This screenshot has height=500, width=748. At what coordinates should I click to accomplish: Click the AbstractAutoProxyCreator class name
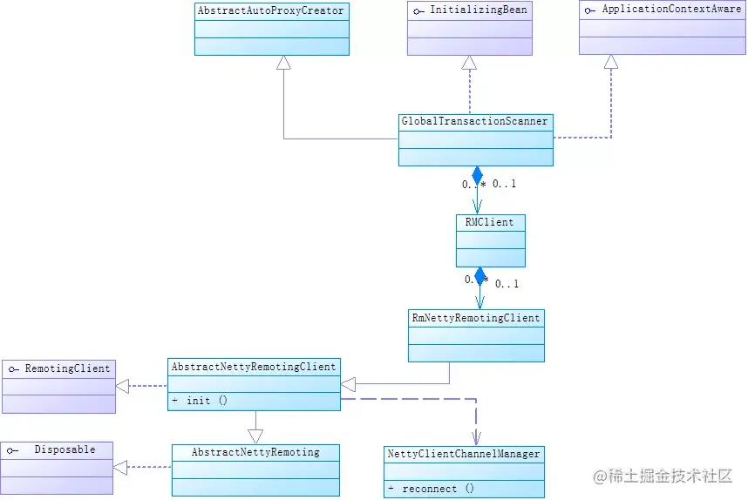[x=270, y=10]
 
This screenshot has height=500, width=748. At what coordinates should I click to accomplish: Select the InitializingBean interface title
[x=479, y=10]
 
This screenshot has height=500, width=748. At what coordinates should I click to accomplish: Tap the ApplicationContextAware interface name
[x=671, y=9]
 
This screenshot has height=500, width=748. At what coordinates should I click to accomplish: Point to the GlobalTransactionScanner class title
[x=474, y=121]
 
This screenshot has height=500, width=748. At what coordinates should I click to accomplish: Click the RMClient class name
[x=489, y=222]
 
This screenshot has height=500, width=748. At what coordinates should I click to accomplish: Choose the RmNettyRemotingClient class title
[x=476, y=318]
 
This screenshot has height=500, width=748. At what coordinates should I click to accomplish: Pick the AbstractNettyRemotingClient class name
[x=254, y=367]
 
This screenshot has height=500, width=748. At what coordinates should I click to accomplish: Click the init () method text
[x=207, y=401]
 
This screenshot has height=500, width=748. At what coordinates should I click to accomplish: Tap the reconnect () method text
[x=438, y=489]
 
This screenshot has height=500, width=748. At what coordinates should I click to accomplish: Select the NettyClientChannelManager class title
[x=464, y=454]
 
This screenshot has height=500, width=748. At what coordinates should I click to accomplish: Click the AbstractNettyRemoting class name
[x=255, y=452]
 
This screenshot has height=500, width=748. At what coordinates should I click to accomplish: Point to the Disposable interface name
[x=65, y=449]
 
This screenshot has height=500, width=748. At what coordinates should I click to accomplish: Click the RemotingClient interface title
[x=67, y=368]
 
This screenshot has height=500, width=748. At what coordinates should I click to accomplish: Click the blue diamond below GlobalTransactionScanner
[x=477, y=175]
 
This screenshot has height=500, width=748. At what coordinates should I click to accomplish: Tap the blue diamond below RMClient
[x=479, y=276]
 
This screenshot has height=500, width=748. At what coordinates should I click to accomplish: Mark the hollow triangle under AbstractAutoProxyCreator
[x=283, y=63]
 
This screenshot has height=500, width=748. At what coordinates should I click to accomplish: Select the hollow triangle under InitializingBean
[x=469, y=63]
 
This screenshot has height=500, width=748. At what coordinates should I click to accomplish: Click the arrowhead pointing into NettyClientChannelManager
[x=476, y=438]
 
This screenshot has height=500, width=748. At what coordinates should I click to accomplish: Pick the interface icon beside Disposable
[x=12, y=450]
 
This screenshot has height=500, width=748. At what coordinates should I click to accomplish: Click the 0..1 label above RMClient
[x=504, y=184]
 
